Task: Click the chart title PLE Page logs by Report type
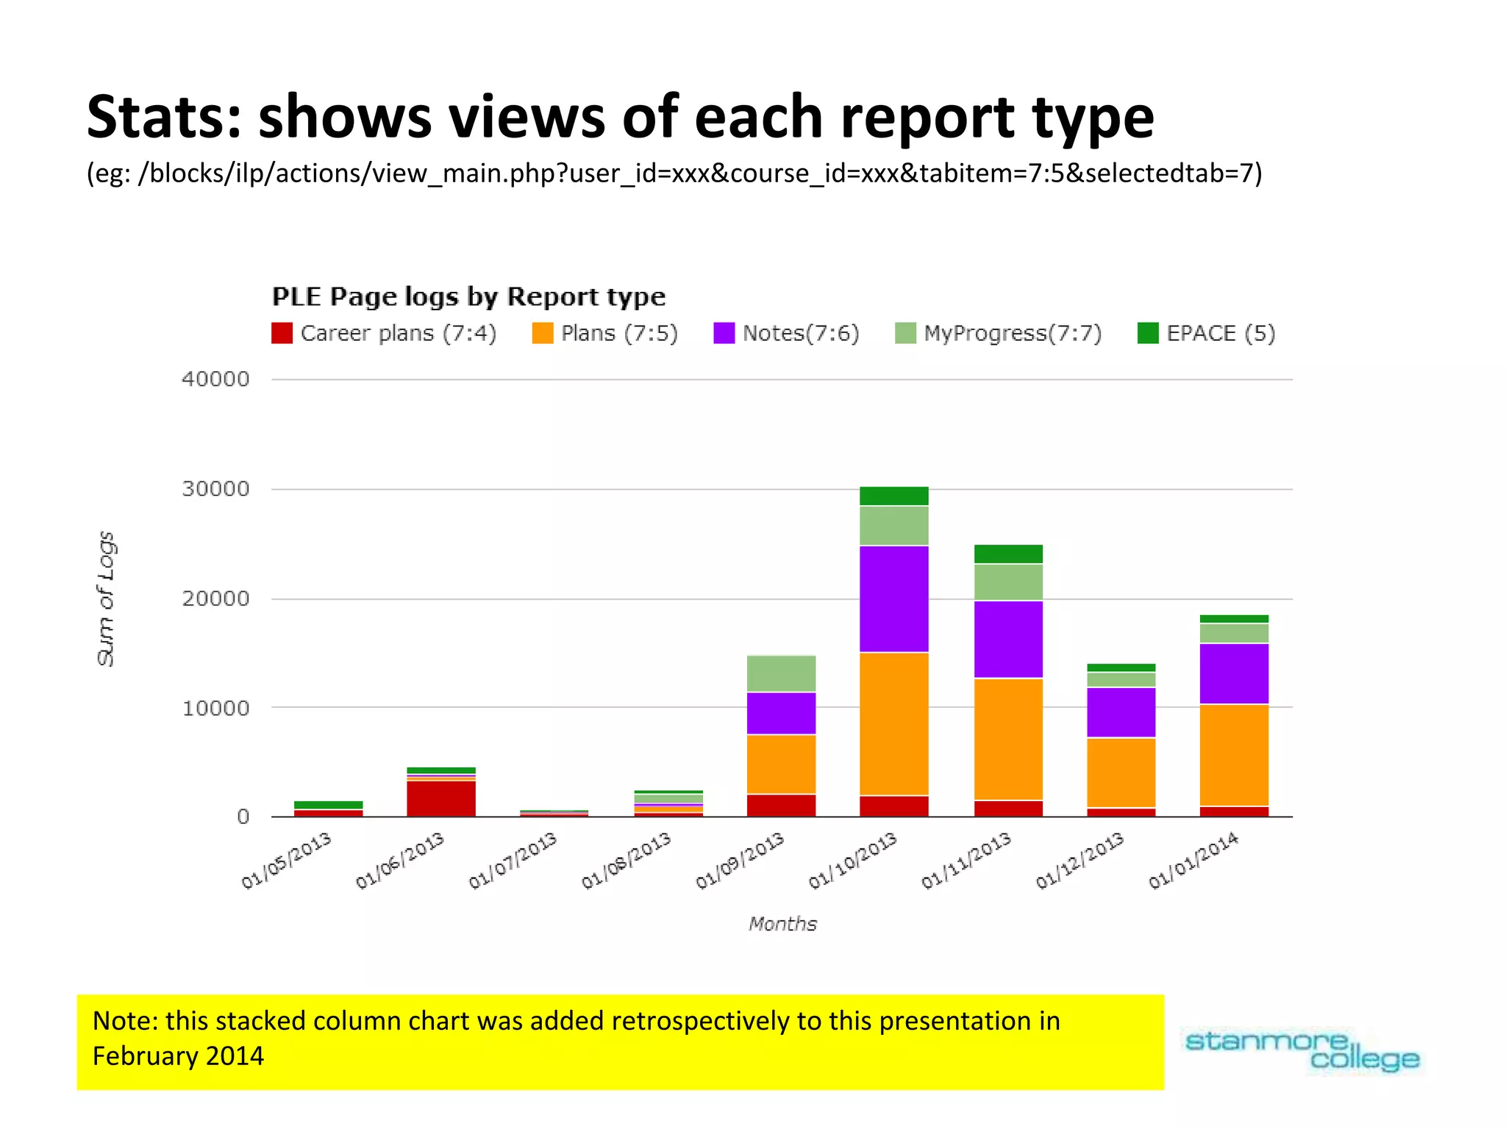coord(468,297)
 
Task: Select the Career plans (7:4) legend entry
coord(385,334)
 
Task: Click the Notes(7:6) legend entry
coord(787,334)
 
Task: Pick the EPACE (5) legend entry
coord(1207,334)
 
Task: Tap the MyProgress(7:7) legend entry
coord(999,334)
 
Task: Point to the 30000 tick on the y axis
coord(215,490)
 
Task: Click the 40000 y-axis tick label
coord(215,379)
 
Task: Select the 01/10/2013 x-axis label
coord(853,861)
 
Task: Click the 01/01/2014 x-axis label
coord(1193,861)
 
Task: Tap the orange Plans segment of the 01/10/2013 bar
coord(893,724)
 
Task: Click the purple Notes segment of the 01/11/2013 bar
coord(1008,639)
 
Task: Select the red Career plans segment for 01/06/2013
coord(441,799)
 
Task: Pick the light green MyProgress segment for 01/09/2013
coord(781,673)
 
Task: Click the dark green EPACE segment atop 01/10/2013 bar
coord(893,496)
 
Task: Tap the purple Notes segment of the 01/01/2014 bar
coord(1234,674)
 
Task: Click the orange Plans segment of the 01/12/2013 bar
coord(1121,773)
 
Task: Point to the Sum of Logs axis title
coord(106,598)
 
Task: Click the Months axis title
coord(782,924)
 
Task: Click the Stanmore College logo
coord(1302,1051)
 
